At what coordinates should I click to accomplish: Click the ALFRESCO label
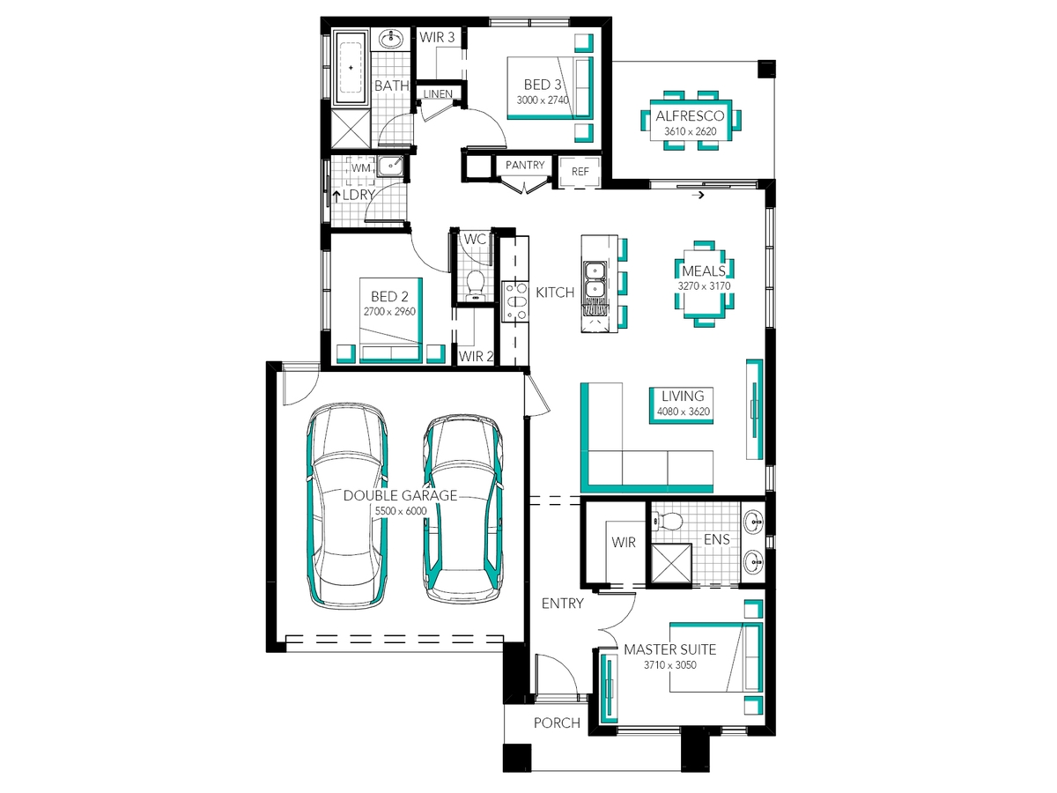pyautogui.click(x=690, y=116)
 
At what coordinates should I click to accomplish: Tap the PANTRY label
pyautogui.click(x=524, y=165)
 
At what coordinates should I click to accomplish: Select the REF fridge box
pyautogui.click(x=580, y=172)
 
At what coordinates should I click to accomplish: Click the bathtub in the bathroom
pyautogui.click(x=351, y=68)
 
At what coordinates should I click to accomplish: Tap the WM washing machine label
pyautogui.click(x=360, y=168)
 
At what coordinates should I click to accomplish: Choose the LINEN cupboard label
pyautogui.click(x=438, y=94)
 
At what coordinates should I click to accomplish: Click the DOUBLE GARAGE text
pyautogui.click(x=400, y=495)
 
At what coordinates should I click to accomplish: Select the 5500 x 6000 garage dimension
pyautogui.click(x=401, y=511)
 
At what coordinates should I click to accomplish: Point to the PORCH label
pyautogui.click(x=557, y=723)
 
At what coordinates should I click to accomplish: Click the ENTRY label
pyautogui.click(x=563, y=604)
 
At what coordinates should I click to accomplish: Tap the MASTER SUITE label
pyautogui.click(x=669, y=649)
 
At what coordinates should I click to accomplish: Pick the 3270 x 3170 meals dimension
pyautogui.click(x=704, y=286)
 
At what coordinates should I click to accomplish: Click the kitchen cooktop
pyautogui.click(x=515, y=302)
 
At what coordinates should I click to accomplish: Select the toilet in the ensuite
pyautogui.click(x=668, y=520)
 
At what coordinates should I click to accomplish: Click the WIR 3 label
pyautogui.click(x=437, y=37)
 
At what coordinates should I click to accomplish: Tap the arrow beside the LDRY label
pyautogui.click(x=336, y=196)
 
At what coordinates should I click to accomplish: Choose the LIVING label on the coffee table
pyautogui.click(x=683, y=396)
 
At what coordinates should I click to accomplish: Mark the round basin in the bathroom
pyautogui.click(x=391, y=39)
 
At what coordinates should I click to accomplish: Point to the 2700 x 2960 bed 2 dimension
pyautogui.click(x=389, y=312)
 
